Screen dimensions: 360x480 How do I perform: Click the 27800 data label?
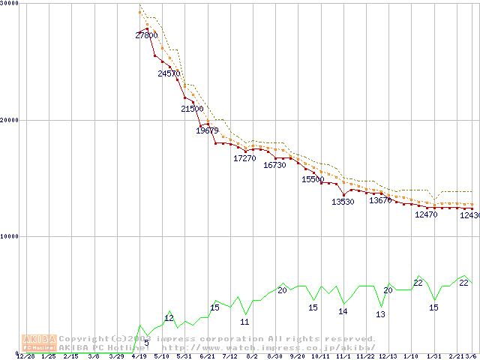point(146,35)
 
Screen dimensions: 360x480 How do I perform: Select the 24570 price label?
point(169,73)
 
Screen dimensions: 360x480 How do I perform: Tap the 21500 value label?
point(192,109)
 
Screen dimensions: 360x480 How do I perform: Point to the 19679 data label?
point(207,130)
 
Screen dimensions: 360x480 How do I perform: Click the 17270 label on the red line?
point(244,158)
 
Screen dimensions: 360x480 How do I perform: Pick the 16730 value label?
point(274,165)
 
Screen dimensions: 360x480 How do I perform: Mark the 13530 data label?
point(343,202)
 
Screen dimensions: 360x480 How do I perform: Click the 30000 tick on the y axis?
point(10,4)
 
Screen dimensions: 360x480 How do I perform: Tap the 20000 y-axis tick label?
point(10,120)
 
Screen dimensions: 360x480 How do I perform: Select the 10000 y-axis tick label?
point(10,236)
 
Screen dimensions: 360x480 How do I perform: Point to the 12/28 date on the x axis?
point(25,356)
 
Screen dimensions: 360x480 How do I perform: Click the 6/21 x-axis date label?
point(207,356)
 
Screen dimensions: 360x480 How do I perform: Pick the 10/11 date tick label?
point(320,356)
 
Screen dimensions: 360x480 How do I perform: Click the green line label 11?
point(244,322)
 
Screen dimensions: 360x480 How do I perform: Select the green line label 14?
point(343,310)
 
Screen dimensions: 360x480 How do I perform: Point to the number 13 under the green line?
point(380,314)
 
